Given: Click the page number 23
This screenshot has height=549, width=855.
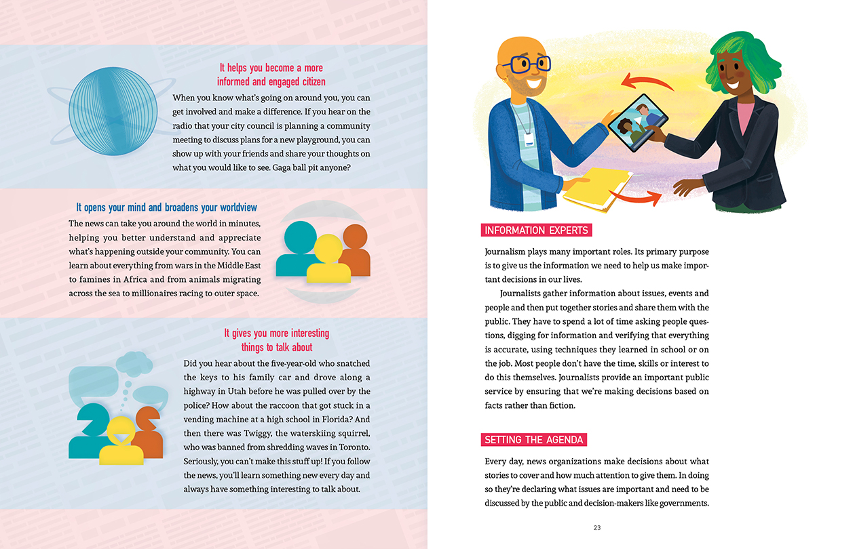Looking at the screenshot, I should point(597,528).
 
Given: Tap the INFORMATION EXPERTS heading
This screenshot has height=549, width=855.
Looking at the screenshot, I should point(535,230).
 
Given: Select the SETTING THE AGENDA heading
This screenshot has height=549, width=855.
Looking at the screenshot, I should point(533,440).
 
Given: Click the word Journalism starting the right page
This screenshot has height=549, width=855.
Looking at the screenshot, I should point(508,251).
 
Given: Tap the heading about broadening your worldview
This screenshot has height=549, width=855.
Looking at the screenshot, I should point(166,207).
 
